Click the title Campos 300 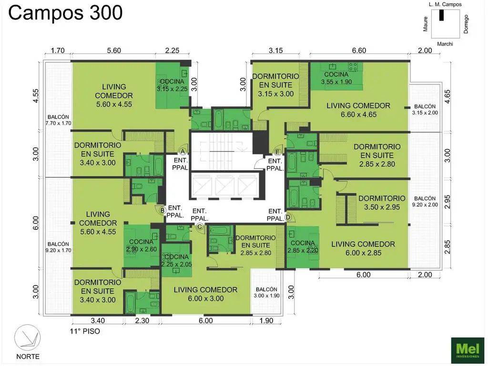click(65, 13)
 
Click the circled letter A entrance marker click(183, 151)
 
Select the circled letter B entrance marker click(162, 211)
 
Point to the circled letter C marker click(200, 226)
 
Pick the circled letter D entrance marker click(288, 217)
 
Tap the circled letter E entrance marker click(278, 152)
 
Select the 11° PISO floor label click(85, 331)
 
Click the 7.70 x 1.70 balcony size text click(58, 123)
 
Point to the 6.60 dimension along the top click(359, 51)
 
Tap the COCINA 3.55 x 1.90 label click(336, 78)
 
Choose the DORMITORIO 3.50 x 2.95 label click(382, 203)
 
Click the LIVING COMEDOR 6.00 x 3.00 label click(205, 294)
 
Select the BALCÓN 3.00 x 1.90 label click(266, 293)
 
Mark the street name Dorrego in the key click(466, 24)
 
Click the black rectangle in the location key click(441, 15)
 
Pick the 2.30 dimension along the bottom click(142, 321)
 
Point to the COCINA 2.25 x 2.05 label click(176, 261)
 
